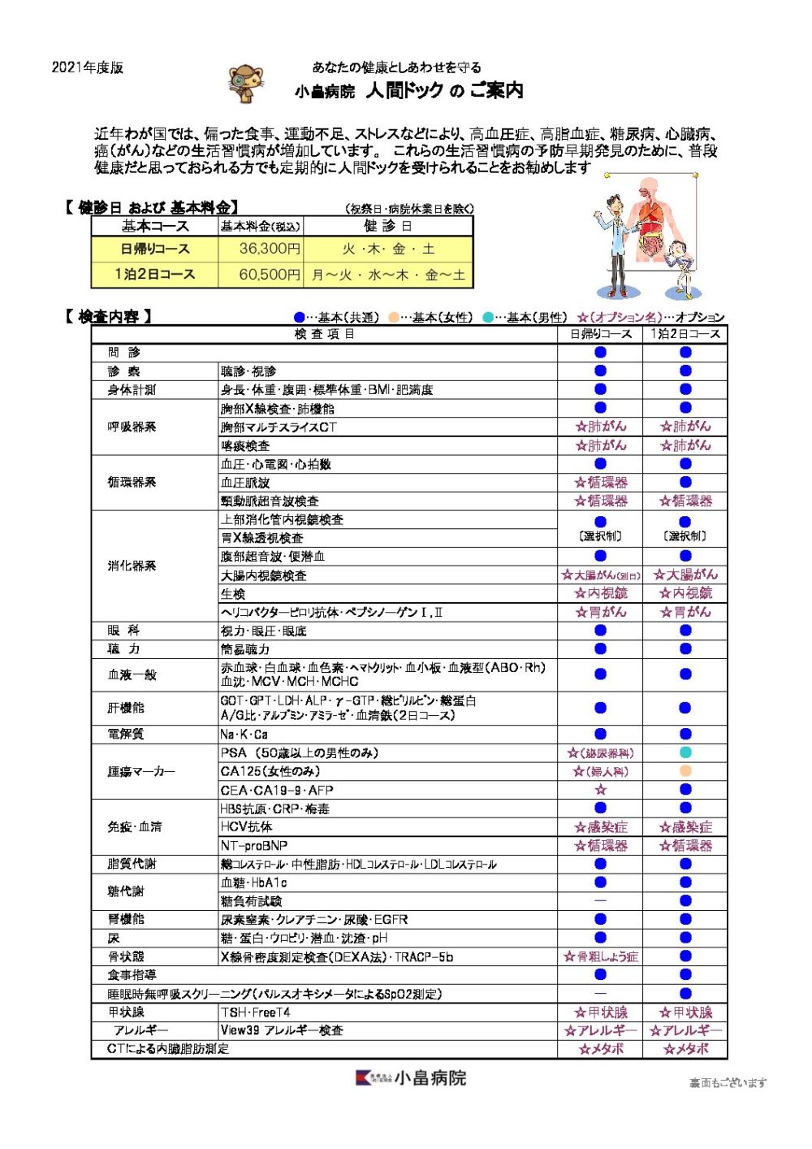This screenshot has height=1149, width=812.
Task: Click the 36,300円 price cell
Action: tap(261, 249)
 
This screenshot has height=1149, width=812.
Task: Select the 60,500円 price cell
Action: tap(261, 275)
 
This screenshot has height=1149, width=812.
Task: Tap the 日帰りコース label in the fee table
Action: tap(155, 249)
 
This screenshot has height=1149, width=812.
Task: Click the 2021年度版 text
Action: tap(88, 67)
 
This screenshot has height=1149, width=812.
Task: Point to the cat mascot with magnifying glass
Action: tap(246, 84)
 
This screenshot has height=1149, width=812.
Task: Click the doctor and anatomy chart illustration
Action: tap(646, 236)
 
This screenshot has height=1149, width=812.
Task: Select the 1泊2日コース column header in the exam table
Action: tap(685, 334)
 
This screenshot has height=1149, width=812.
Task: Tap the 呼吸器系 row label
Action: tap(132, 427)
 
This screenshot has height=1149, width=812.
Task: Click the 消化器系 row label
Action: tap(132, 566)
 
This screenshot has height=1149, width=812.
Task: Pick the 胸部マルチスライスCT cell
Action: tap(279, 427)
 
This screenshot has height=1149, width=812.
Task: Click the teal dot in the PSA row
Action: tap(685, 752)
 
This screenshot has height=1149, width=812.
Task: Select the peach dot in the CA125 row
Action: tap(685, 771)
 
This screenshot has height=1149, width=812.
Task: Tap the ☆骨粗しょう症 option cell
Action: tap(601, 956)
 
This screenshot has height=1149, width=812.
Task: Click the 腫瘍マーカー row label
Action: tap(141, 771)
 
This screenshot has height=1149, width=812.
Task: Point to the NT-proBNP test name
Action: tap(254, 845)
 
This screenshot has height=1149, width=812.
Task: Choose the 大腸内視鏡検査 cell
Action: tap(264, 575)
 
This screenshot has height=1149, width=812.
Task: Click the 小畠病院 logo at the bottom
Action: tap(411, 1078)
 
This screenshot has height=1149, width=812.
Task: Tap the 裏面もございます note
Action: tap(728, 1082)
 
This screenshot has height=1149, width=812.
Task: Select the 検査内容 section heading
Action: tap(108, 317)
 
